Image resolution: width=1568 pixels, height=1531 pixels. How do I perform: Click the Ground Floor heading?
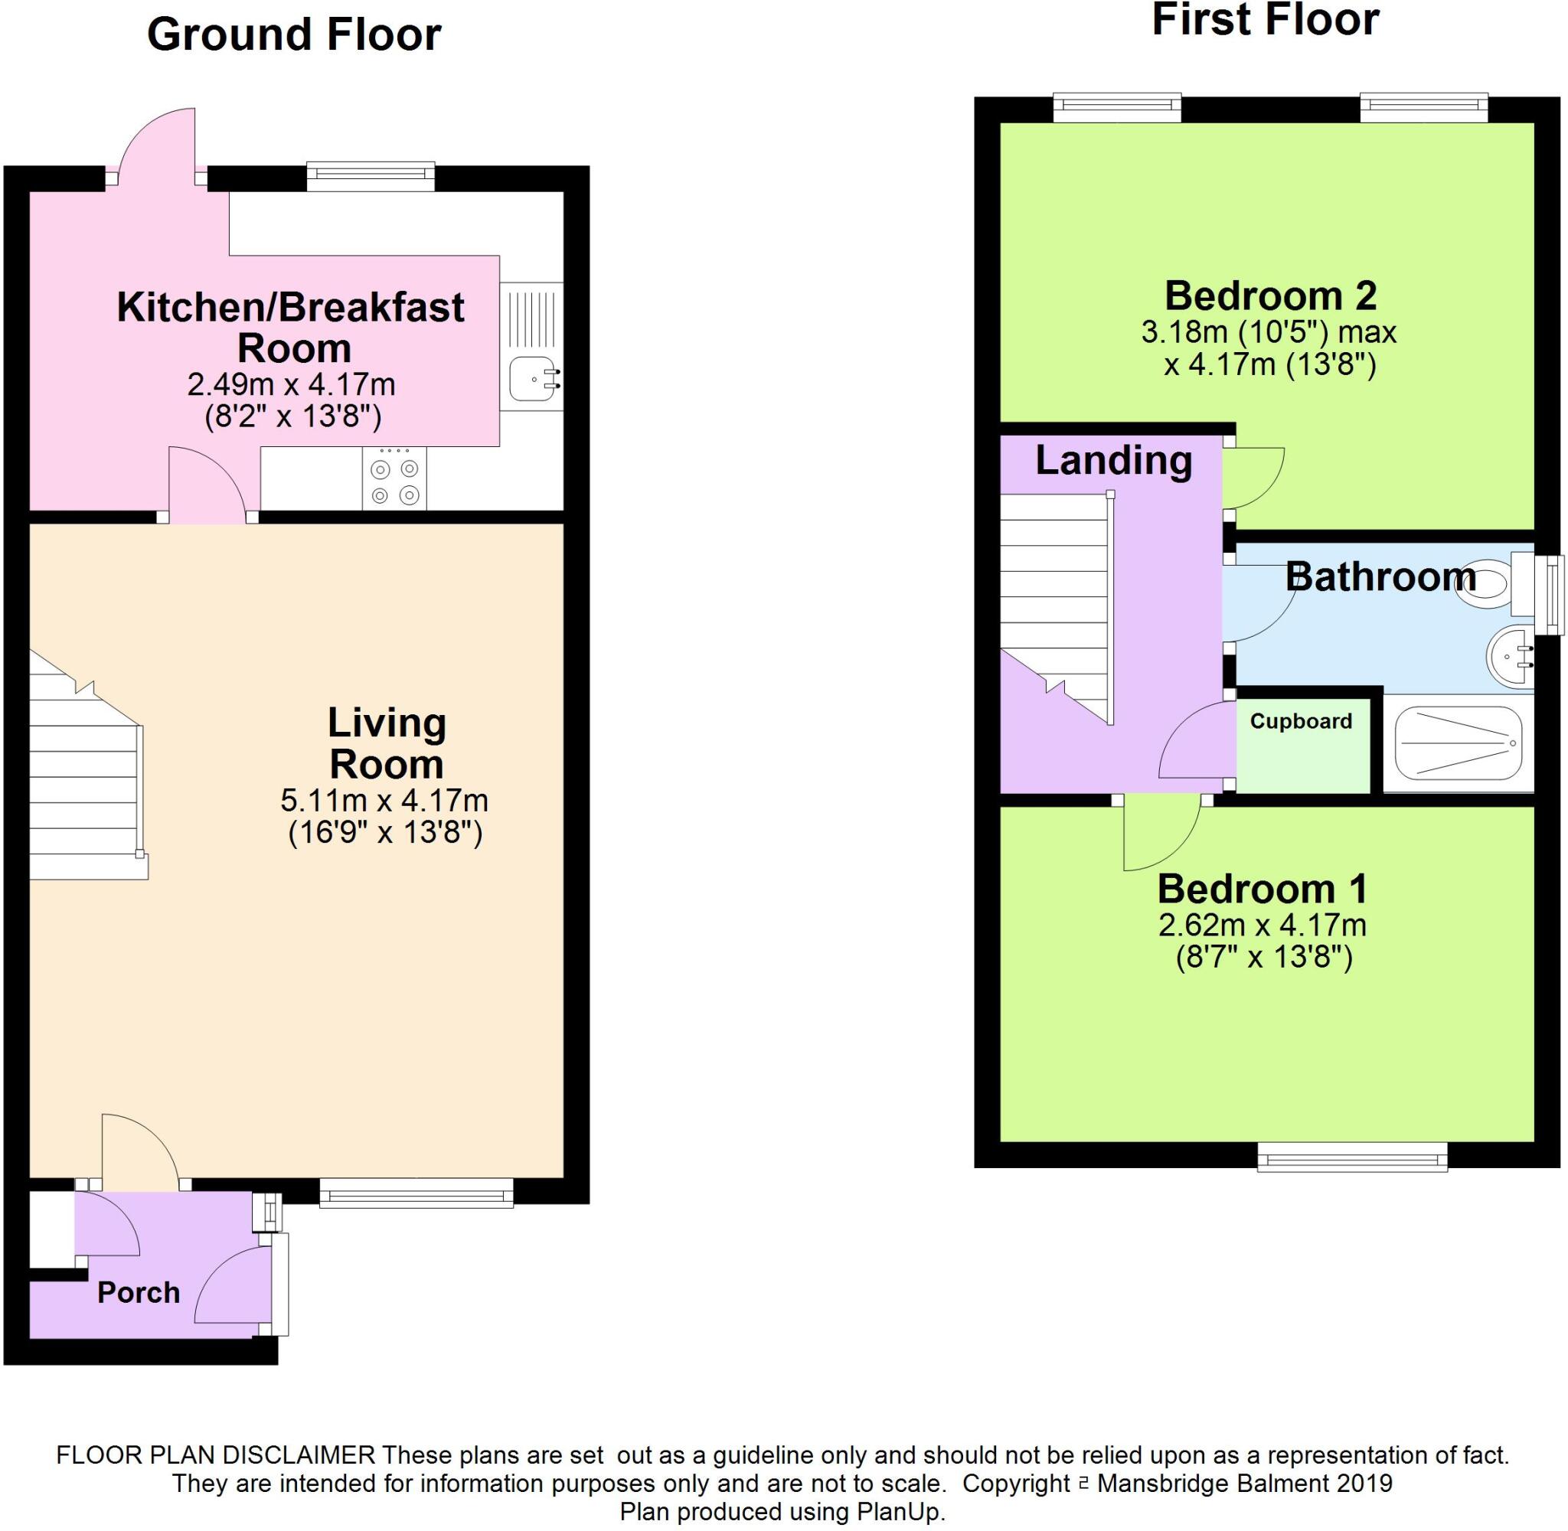point(293,35)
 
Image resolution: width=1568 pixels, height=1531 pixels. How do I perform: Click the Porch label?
point(139,1292)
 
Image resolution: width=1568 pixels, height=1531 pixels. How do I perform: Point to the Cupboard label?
point(1300,721)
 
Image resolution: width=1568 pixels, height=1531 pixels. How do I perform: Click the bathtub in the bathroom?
point(1457,743)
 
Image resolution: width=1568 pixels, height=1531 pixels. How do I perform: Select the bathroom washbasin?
point(1508,657)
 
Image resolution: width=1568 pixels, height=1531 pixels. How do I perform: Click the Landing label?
point(1113,461)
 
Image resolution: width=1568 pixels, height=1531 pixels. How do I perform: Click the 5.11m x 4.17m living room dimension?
point(384,801)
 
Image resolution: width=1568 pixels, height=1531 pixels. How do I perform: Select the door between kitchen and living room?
point(207,485)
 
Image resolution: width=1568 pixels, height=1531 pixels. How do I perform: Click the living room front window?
point(416,1193)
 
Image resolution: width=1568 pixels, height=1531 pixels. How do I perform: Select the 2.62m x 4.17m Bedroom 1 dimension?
point(1262,925)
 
